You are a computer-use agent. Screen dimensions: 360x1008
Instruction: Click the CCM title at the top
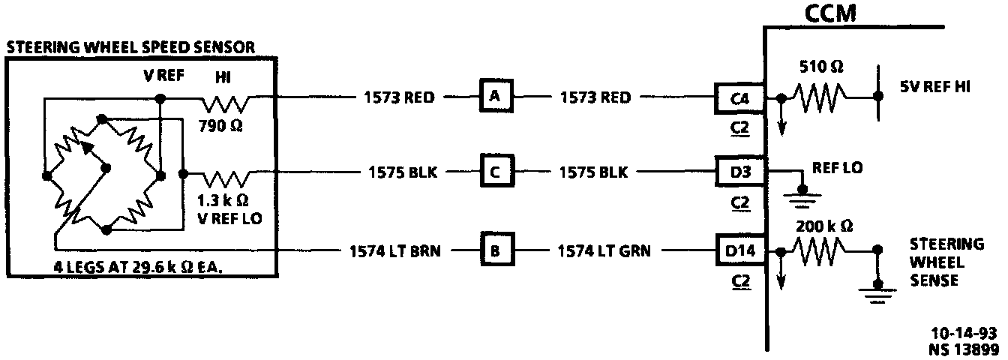(830, 13)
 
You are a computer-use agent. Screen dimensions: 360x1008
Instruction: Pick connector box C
(494, 172)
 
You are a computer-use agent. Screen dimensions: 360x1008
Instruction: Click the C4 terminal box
(740, 98)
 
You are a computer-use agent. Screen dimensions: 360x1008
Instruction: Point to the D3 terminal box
(740, 172)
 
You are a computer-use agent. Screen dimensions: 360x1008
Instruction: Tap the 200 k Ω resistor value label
(825, 225)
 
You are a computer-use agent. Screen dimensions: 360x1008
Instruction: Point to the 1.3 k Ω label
(222, 201)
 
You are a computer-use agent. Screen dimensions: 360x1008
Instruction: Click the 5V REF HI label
(934, 87)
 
